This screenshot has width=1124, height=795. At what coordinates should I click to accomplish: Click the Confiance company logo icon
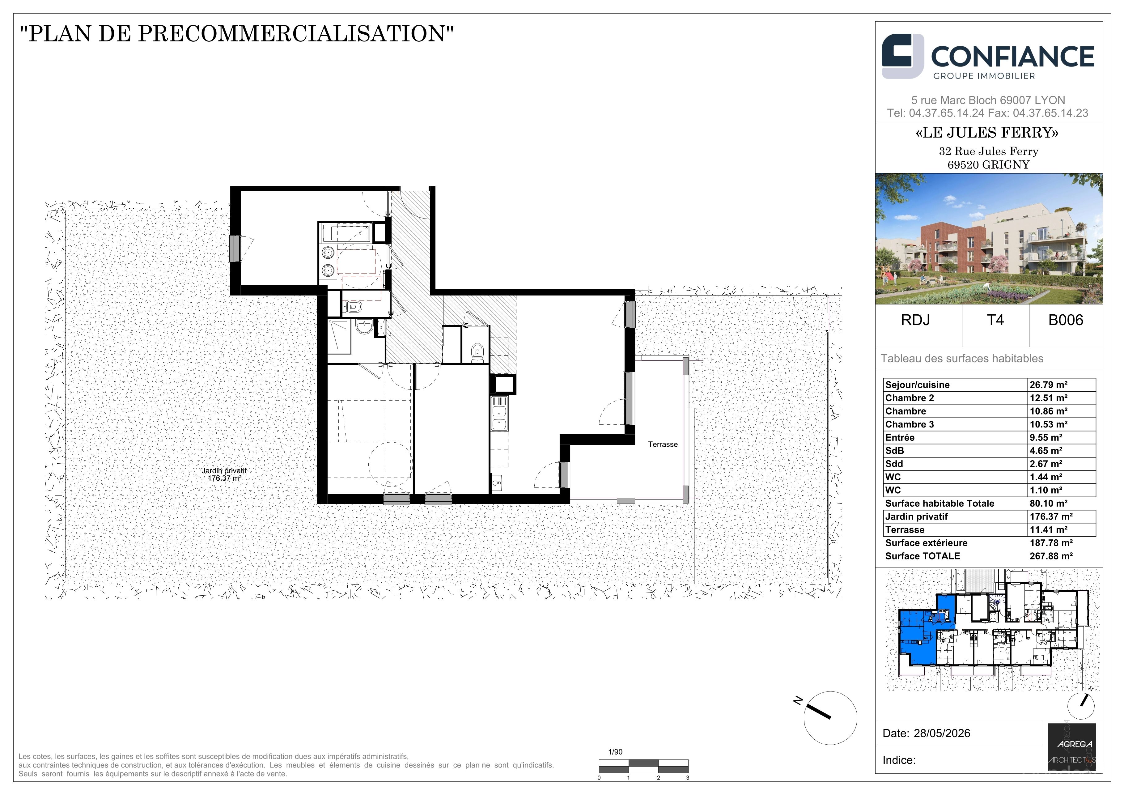click(x=902, y=56)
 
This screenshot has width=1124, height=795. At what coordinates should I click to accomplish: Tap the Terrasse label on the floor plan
click(x=663, y=444)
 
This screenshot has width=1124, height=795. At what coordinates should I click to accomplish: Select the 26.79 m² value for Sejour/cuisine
click(x=1048, y=385)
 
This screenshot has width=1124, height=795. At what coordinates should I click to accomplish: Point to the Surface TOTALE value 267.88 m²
click(x=1051, y=556)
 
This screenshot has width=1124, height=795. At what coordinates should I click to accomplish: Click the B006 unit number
click(x=1065, y=320)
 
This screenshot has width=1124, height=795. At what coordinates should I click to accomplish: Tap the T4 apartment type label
click(x=995, y=320)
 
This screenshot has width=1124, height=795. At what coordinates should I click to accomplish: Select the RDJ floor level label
click(x=915, y=320)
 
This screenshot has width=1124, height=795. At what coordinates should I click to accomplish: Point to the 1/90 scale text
click(x=615, y=752)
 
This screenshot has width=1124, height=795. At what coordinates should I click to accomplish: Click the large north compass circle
click(x=830, y=718)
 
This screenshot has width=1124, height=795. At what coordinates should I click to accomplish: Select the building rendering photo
click(x=989, y=239)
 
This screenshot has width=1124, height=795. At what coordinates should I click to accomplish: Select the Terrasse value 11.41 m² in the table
click(x=1048, y=530)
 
